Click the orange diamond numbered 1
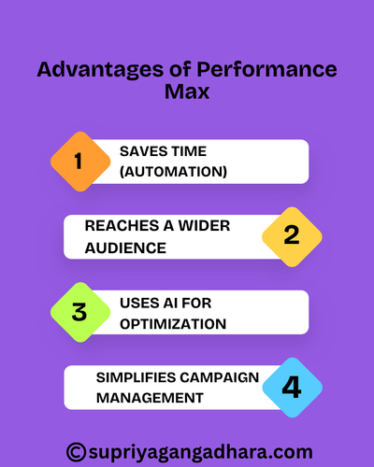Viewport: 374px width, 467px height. [x=79, y=161]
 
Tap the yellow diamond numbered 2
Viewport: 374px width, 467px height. [x=291, y=235]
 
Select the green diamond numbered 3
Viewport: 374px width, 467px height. [x=79, y=312]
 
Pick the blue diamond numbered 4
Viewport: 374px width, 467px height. [x=291, y=386]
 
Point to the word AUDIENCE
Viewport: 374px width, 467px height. [x=125, y=247]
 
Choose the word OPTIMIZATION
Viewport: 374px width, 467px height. [x=173, y=323]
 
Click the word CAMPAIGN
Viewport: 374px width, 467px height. [x=223, y=377]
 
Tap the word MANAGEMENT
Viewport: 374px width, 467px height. [x=150, y=397]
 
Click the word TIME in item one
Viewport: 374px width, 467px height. [x=185, y=151]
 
